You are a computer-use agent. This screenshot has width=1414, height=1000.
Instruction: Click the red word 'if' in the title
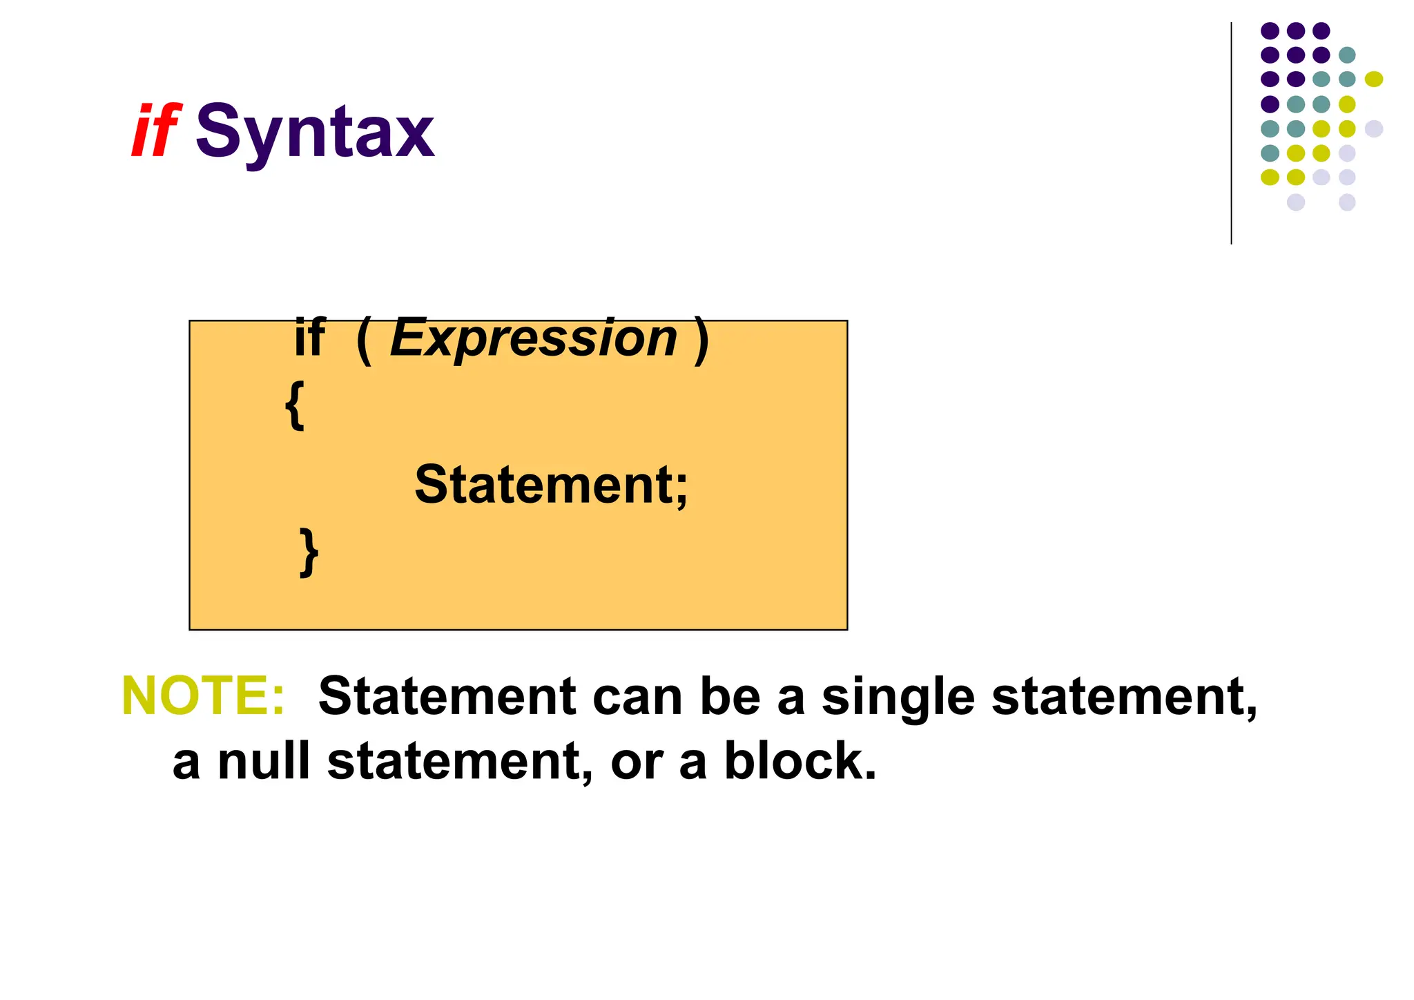(x=156, y=131)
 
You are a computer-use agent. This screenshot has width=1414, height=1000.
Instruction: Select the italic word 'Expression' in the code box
(x=534, y=338)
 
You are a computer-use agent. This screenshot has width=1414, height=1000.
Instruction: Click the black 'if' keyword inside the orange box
(x=309, y=338)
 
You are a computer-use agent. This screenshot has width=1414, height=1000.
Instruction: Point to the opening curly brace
(x=294, y=406)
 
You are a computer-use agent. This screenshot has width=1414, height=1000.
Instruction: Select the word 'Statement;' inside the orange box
(x=551, y=485)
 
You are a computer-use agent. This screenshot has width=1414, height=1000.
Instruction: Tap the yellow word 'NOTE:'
(x=203, y=695)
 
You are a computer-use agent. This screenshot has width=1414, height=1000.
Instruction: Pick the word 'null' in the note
(x=263, y=761)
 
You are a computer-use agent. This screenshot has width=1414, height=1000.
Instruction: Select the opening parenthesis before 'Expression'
(x=365, y=340)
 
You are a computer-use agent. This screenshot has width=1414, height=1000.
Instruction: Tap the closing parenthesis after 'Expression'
(x=701, y=340)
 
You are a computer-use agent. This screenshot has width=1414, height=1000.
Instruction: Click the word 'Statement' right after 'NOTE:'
(x=447, y=695)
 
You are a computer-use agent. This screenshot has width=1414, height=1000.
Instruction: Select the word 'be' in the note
(x=730, y=695)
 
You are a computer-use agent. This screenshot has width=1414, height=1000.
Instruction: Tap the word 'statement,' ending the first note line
(x=1124, y=697)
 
